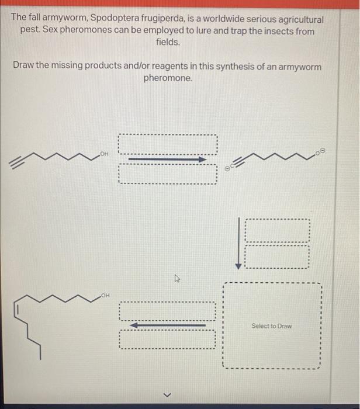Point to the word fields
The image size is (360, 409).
click(x=168, y=43)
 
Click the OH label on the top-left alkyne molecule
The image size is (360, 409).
click(x=105, y=153)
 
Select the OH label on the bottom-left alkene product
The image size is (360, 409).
click(x=105, y=297)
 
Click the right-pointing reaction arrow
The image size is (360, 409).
click(x=168, y=159)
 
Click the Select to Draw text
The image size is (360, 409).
click(x=271, y=326)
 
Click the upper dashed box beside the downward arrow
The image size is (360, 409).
click(x=276, y=229)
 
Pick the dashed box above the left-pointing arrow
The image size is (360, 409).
click(x=168, y=310)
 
